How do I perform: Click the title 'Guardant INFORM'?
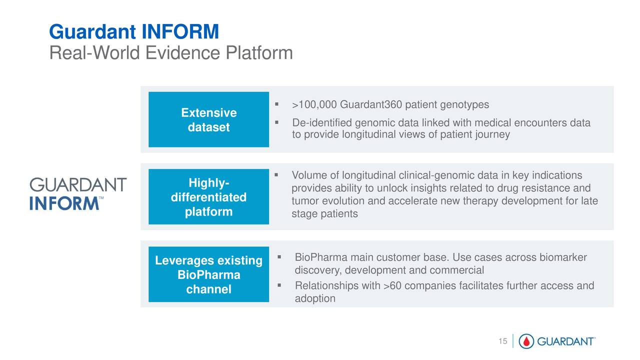[x=134, y=32]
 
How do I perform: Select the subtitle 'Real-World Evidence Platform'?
[x=170, y=53]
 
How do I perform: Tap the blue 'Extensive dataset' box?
[x=208, y=120]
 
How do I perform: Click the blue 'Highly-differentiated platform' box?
[x=208, y=197]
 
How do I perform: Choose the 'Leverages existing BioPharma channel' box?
[x=208, y=275]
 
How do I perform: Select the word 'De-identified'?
[x=321, y=123]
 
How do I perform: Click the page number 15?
[x=502, y=341]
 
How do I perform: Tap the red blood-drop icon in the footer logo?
[x=526, y=341]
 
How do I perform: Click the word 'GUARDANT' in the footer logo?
[x=565, y=342]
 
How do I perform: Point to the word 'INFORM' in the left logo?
[x=63, y=203]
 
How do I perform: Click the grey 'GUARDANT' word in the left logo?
[x=78, y=185]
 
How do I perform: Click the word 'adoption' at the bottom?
[x=315, y=298]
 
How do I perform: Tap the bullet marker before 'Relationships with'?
[x=279, y=285]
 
